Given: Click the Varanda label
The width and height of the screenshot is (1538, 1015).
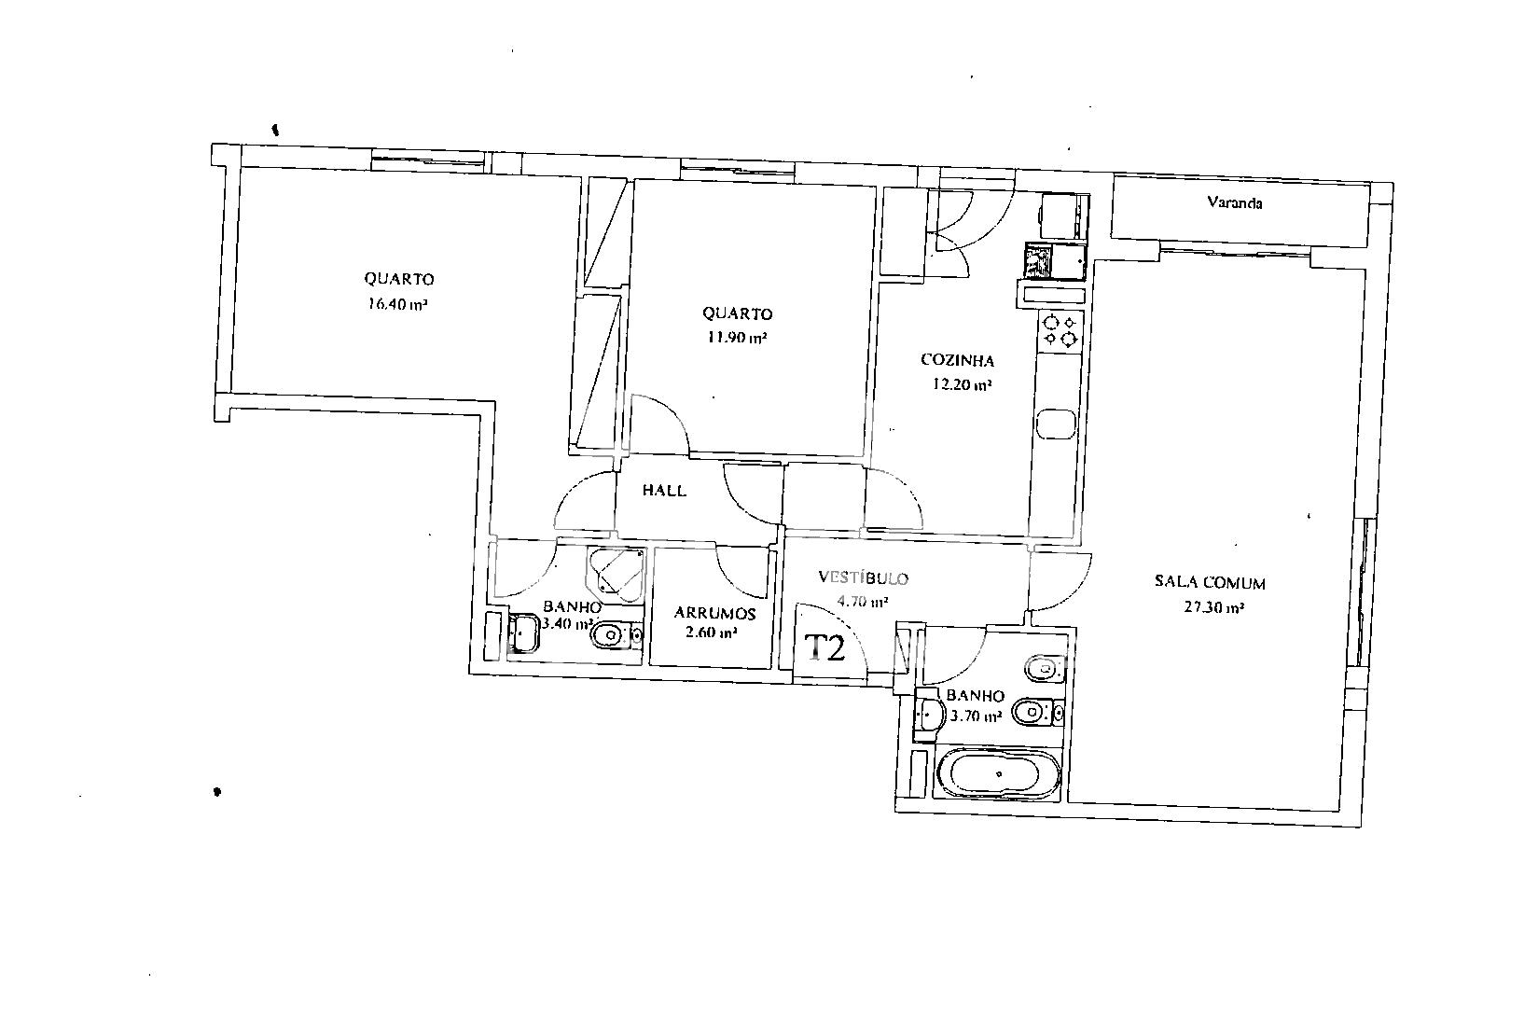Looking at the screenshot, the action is click(1235, 202).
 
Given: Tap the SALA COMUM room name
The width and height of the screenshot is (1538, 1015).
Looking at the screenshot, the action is click(1210, 582).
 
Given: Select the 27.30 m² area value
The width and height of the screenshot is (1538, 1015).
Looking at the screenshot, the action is click(1214, 607).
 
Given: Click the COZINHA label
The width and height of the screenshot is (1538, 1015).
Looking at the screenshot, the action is click(957, 360).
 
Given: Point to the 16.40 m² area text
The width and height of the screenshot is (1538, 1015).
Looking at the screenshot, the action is click(398, 303).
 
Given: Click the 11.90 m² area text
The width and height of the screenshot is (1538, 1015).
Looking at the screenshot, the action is click(737, 337).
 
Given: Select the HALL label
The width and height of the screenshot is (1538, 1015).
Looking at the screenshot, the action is click(664, 491).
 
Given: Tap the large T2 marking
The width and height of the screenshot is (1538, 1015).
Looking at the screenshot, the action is click(824, 647).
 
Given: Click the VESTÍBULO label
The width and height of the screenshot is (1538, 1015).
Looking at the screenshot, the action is click(863, 577).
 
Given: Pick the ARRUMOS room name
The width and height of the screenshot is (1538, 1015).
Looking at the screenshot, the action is click(714, 613).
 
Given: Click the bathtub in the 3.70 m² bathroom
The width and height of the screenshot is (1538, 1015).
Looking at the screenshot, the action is click(999, 774).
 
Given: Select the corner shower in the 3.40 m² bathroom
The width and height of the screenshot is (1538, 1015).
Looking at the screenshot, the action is click(616, 574).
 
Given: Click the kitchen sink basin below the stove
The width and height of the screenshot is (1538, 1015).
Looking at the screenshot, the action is click(1056, 424).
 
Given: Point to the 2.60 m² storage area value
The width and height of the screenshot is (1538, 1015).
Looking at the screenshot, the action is click(712, 632).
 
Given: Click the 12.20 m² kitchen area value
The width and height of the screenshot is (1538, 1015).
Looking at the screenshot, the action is click(962, 384).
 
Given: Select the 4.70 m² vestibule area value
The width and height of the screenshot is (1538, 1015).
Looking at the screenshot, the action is click(863, 602).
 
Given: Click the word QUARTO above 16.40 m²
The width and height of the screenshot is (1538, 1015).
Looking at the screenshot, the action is click(399, 279).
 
